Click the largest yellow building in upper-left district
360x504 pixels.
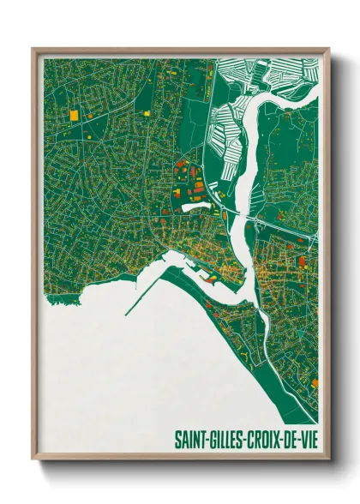pyautogui.click(x=74, y=114)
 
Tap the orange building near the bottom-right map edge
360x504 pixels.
pyautogui.click(x=314, y=382)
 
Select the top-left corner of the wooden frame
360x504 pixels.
pyautogui.click(x=34, y=50)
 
